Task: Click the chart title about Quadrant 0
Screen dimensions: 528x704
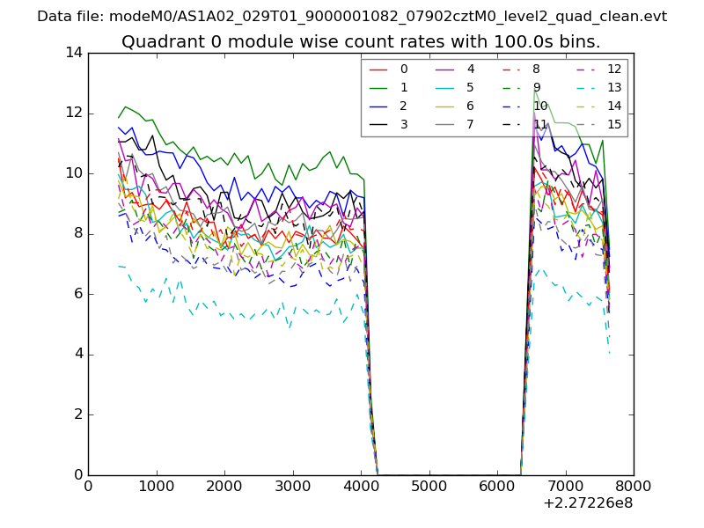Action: tap(361, 41)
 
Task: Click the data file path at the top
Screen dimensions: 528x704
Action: tap(352, 16)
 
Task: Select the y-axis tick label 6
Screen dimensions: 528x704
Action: tap(77, 294)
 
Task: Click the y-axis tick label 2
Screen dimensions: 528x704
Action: tap(77, 414)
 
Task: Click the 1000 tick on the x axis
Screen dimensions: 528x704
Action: tap(156, 486)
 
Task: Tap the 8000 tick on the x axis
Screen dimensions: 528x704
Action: tap(634, 486)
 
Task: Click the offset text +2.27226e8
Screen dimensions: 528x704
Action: tap(588, 503)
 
